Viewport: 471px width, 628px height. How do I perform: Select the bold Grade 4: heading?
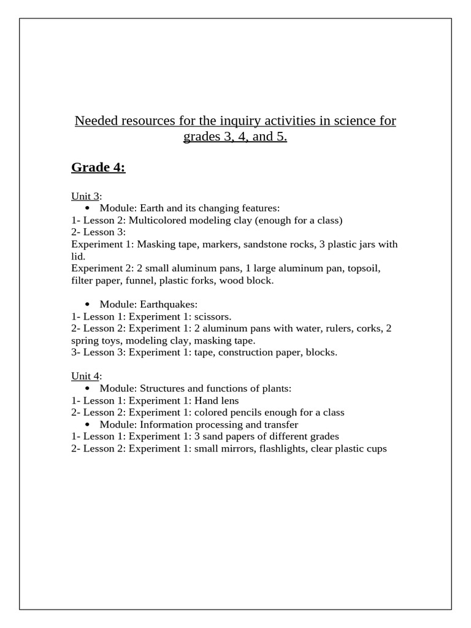(x=98, y=167)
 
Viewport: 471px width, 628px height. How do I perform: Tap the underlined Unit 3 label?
(x=85, y=196)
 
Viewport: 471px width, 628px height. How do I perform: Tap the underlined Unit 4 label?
(x=85, y=376)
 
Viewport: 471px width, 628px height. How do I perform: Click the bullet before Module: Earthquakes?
(x=88, y=305)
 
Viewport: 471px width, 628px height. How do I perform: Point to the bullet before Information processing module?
(x=88, y=424)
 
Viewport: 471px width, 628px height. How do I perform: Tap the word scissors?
(x=212, y=316)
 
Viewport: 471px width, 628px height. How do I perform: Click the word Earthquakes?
(x=169, y=305)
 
